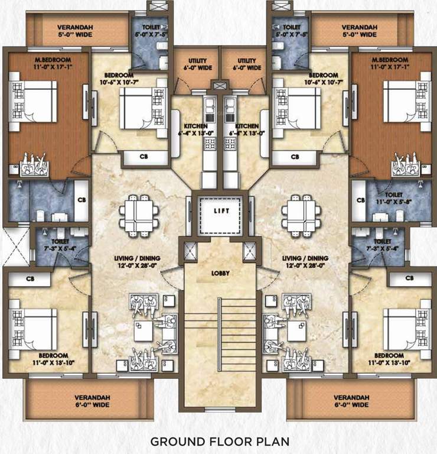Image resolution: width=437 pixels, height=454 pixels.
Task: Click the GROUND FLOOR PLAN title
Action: pos(218,441)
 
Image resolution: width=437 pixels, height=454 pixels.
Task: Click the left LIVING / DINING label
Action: pos(138,262)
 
